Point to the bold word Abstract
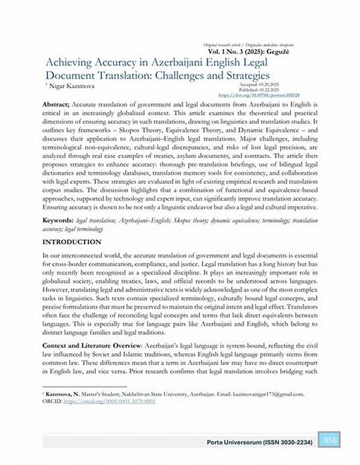click(x=58, y=104)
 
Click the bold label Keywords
click(x=59, y=221)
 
